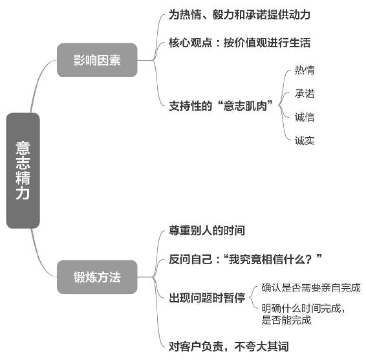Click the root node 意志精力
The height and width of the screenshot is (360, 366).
[23, 170]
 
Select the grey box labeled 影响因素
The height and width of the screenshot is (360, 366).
[97, 60]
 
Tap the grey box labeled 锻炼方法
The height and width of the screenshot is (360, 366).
[97, 277]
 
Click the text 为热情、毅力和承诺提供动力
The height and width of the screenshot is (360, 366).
[239, 14]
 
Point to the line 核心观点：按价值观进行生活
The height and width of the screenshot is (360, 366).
[239, 43]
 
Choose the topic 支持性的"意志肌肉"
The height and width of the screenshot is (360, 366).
[221, 106]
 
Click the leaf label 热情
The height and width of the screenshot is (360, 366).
[305, 70]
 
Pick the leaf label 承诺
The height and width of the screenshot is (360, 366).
[305, 94]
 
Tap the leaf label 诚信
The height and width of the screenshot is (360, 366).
[305, 117]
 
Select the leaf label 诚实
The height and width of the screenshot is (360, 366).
[305, 141]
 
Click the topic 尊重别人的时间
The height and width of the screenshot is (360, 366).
[207, 231]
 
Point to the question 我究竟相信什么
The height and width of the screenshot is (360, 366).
[268, 259]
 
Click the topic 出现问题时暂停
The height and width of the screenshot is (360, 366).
[207, 298]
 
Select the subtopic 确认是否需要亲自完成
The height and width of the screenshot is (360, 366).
[311, 287]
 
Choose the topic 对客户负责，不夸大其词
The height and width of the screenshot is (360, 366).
[229, 346]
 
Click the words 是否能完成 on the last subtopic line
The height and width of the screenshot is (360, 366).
[286, 320]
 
